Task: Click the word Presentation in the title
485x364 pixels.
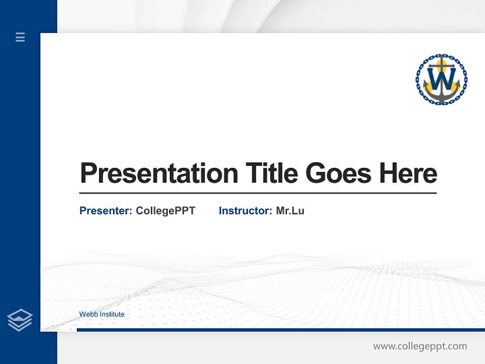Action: (x=159, y=173)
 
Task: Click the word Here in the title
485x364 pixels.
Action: (x=408, y=173)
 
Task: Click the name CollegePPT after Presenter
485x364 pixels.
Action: (x=165, y=211)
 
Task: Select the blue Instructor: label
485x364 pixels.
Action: (x=246, y=211)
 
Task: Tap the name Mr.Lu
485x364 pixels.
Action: (x=290, y=211)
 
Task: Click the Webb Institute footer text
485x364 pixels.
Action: (x=102, y=314)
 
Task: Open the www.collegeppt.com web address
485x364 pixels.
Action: (x=420, y=346)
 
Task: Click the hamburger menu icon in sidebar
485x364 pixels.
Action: (x=20, y=37)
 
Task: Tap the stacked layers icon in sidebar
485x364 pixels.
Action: (x=20, y=320)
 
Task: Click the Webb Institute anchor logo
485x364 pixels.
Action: (x=442, y=79)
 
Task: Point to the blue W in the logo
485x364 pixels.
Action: (x=442, y=78)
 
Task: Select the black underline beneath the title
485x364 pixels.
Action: (x=258, y=193)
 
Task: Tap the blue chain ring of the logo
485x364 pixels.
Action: (x=419, y=79)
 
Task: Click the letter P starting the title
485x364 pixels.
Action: (x=88, y=173)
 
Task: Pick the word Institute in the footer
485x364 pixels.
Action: (x=112, y=314)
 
